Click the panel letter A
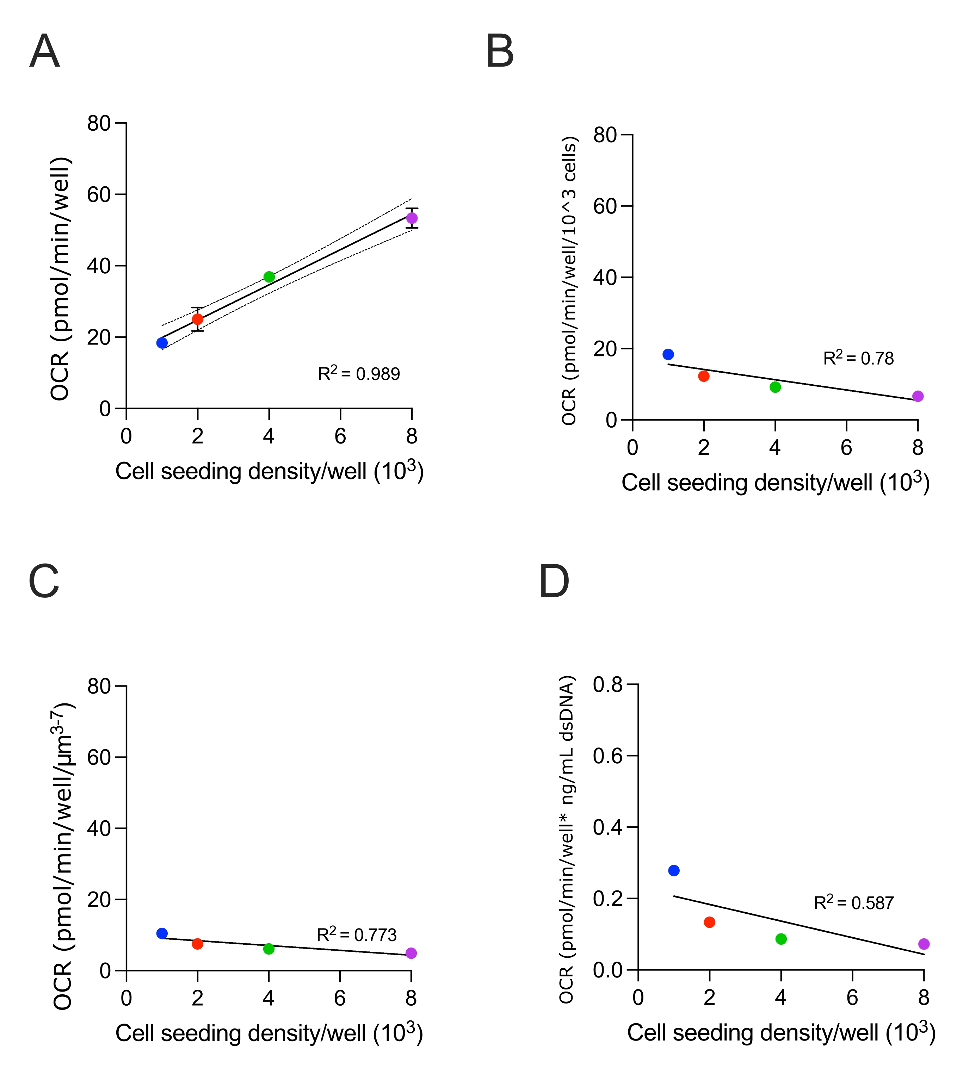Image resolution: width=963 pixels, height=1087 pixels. tap(45, 51)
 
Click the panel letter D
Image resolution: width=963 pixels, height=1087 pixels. tap(554, 582)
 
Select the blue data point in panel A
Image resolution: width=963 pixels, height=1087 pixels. tap(162, 343)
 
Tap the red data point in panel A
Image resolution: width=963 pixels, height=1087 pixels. tap(197, 319)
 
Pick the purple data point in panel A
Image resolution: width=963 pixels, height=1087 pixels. tap(412, 218)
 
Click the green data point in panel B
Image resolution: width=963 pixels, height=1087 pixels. tap(775, 387)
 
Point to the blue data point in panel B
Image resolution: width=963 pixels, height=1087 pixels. tap(668, 355)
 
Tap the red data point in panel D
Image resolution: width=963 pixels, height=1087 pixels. tap(709, 922)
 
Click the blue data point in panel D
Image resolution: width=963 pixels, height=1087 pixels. tap(674, 871)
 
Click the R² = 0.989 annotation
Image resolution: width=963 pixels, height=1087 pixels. tap(359, 373)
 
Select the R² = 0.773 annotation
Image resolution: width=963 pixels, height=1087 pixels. tap(357, 934)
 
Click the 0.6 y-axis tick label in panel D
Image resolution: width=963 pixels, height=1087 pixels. tap(607, 756)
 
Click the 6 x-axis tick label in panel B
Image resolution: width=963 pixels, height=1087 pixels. tap(846, 448)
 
